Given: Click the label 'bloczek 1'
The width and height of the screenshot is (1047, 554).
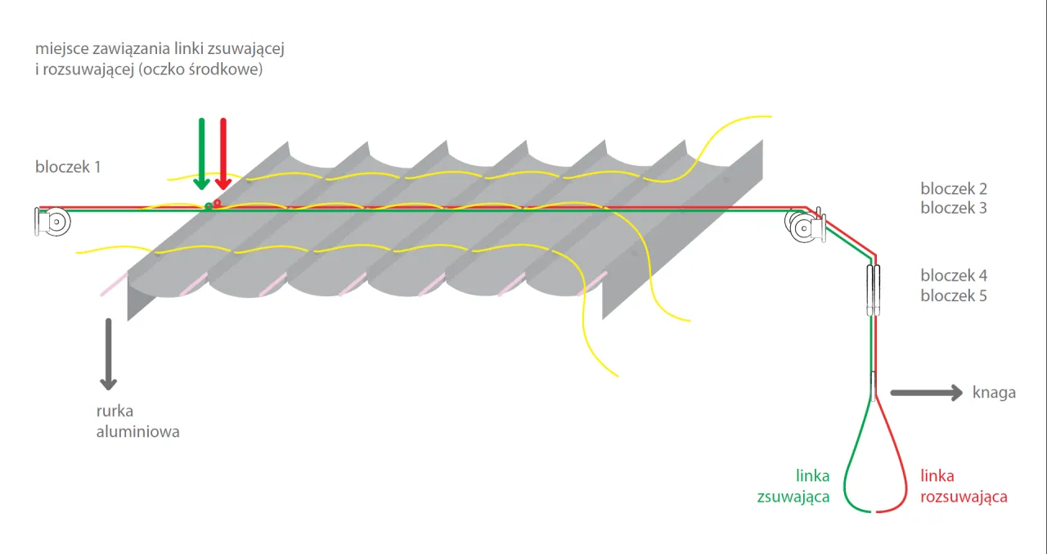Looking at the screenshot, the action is coord(68,167).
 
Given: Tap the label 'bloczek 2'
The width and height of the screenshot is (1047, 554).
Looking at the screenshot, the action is coord(954,188).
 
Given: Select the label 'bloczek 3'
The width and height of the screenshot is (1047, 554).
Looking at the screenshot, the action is coord(954,208).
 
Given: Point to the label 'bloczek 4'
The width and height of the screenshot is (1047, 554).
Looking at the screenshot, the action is coord(954,276).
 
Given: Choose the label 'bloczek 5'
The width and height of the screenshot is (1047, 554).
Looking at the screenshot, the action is coord(954,295).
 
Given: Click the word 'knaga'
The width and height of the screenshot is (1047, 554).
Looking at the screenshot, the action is coord(994,392).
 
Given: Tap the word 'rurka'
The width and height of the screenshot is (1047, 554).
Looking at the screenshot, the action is coord(115,411).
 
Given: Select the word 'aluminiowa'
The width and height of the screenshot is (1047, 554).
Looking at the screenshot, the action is coord(138,431).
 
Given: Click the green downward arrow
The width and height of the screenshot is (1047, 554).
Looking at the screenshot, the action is coord(201,155).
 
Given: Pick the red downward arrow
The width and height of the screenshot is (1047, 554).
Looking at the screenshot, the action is coord(223,155).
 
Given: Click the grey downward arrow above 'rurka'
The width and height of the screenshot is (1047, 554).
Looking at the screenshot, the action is coord(109,354).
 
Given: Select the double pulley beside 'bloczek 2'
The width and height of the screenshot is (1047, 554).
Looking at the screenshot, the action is coord(805,227).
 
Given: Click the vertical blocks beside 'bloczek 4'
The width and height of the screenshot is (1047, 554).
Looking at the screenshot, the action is coord(873,290).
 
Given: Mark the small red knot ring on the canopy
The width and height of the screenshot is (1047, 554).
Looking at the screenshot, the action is coord(218,204).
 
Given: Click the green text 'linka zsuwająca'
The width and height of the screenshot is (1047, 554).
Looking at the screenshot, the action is coord(793,486).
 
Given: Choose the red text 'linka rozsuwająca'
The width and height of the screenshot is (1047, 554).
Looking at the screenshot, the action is coord(964,486).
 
